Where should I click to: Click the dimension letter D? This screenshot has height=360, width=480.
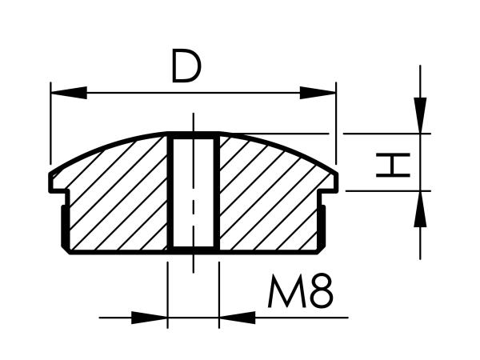[186, 66]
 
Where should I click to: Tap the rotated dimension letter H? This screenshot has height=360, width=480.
[393, 166]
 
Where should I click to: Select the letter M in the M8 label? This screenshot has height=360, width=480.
[287, 291]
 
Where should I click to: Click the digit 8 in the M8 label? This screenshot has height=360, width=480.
[322, 291]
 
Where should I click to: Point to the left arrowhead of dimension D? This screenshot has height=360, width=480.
[69, 93]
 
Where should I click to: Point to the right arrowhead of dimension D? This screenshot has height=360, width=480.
[318, 93]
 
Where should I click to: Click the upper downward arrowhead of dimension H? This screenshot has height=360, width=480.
[420, 115]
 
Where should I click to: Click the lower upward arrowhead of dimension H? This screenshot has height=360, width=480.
[420, 209]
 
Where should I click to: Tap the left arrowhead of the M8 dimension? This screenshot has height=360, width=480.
[150, 318]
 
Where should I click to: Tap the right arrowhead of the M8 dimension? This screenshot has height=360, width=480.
[238, 318]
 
